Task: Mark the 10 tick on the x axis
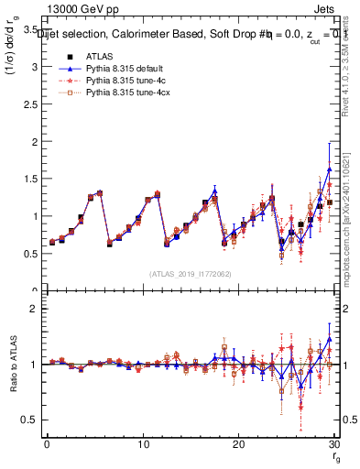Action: point(142,445)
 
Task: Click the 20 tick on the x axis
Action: point(238,445)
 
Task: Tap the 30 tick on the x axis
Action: point(333,445)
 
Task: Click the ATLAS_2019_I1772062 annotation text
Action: point(190,274)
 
